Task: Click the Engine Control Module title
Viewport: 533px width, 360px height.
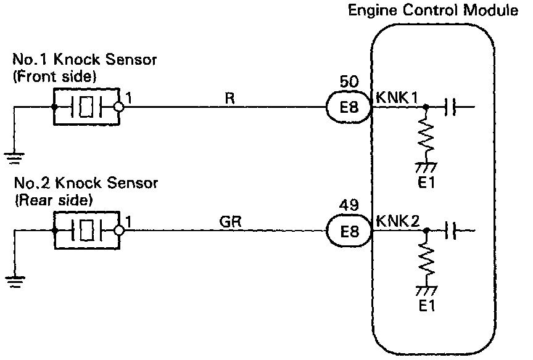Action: pos(432,10)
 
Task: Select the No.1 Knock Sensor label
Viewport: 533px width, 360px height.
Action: pos(85,60)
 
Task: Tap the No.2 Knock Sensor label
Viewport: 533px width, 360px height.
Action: pos(86,184)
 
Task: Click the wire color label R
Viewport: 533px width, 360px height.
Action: pos(229,99)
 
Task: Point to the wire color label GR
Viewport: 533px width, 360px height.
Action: pos(230,222)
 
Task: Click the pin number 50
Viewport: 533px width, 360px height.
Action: pos(349,82)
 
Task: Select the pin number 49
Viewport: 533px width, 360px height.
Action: pos(349,205)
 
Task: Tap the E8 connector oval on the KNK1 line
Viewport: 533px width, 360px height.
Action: pos(349,107)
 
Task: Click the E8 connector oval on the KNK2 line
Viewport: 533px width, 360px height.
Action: pos(349,231)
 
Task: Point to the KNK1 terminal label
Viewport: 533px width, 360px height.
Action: pos(397,98)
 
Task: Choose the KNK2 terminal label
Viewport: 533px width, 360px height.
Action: pos(398,221)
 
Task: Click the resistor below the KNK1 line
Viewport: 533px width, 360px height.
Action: pos(426,135)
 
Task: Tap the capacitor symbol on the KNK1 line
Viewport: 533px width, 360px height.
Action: pos(450,107)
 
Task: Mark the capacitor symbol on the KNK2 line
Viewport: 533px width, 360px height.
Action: pos(451,231)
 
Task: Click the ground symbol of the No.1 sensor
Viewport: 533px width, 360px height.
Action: pos(14,158)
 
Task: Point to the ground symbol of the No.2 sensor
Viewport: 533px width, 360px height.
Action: pos(15,282)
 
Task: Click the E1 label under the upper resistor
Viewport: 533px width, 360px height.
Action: pos(426,183)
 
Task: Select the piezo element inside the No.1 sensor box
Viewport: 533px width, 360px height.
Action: pos(86,107)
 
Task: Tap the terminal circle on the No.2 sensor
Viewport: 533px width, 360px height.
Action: pos(119,231)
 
